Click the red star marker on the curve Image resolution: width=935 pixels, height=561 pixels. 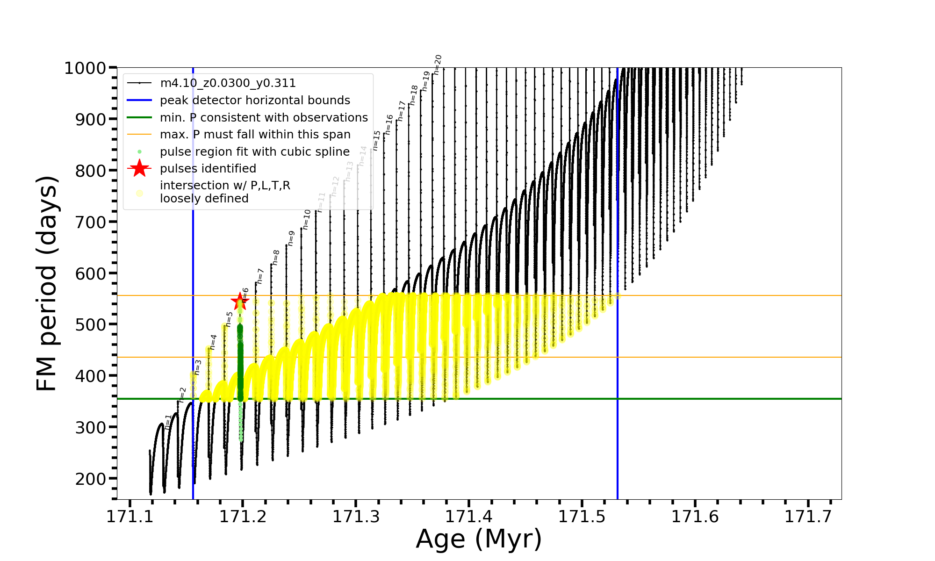[x=240, y=301]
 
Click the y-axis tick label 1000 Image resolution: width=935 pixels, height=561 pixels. [x=85, y=68]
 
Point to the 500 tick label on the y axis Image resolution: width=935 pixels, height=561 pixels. [x=91, y=324]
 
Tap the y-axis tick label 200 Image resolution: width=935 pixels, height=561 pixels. [x=91, y=479]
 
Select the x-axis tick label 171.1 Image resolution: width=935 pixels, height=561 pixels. [x=129, y=517]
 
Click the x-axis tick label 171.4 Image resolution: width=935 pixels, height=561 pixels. [x=468, y=517]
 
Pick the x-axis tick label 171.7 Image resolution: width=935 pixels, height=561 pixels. [x=807, y=517]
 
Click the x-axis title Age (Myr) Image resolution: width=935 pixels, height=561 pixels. [x=479, y=539]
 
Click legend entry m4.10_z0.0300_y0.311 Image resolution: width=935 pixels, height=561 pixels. [x=228, y=83]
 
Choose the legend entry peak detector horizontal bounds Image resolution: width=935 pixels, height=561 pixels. [x=255, y=101]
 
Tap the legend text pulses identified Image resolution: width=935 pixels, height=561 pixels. [x=208, y=169]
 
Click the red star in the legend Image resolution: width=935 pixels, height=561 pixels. [x=139, y=168]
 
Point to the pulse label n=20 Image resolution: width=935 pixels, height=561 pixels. [x=437, y=65]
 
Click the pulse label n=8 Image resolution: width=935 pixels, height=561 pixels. [x=276, y=258]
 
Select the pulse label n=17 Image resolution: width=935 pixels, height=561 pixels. [x=402, y=111]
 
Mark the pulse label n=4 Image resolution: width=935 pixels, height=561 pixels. [x=213, y=342]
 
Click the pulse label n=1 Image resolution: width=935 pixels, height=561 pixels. [x=168, y=422]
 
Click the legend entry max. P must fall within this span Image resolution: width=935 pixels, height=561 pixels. [x=255, y=135]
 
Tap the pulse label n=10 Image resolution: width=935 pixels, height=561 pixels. [x=306, y=219]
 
